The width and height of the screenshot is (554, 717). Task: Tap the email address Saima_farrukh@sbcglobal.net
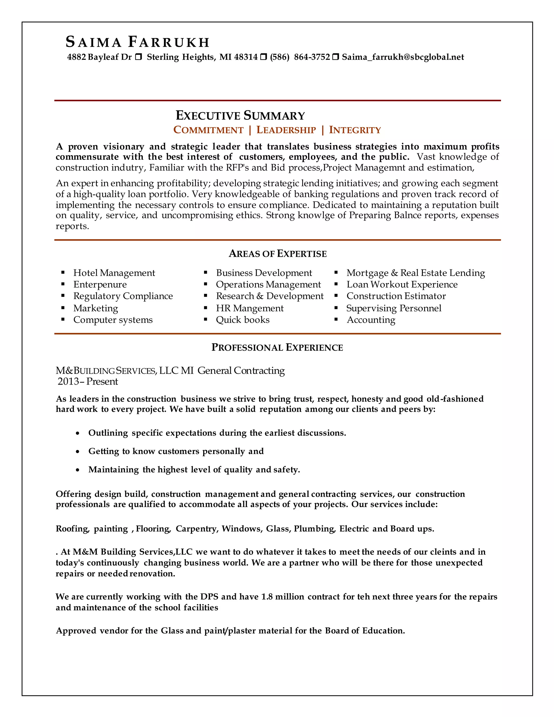click(x=403, y=57)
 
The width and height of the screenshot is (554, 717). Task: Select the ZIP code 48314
click(x=246, y=57)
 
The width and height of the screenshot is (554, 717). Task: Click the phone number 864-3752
click(x=312, y=57)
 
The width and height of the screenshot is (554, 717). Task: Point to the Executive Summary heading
click(x=240, y=116)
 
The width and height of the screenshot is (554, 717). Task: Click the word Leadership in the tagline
click(x=286, y=130)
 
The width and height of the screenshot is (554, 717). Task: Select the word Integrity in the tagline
click(x=355, y=130)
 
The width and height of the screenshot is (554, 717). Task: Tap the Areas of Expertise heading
click(x=278, y=254)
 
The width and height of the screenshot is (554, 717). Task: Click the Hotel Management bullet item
click(x=114, y=273)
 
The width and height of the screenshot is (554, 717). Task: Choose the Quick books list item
click(x=243, y=320)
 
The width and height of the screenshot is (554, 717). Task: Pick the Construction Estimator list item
click(x=396, y=296)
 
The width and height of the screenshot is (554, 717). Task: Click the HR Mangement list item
click(x=249, y=308)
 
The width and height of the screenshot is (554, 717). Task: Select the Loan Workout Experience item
click(x=402, y=284)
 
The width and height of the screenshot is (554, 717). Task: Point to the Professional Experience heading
click(x=277, y=347)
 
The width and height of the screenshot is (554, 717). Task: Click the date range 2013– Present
click(x=88, y=381)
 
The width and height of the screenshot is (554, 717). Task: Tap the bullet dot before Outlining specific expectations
click(x=77, y=434)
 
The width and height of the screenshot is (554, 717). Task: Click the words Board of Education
click(x=364, y=631)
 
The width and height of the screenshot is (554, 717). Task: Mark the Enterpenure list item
click(x=100, y=284)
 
